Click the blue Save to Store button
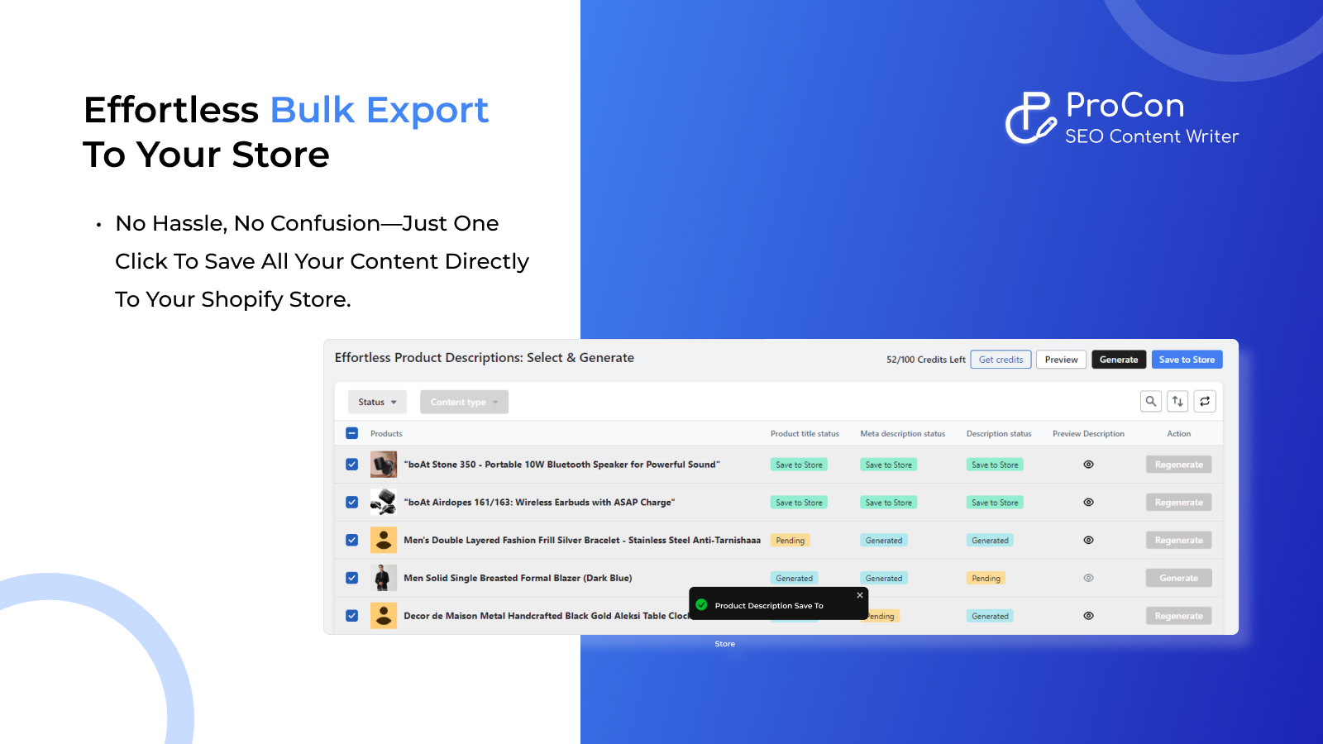[1187, 360]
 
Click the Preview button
[1061, 360]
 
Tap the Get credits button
[1001, 360]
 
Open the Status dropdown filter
[377, 402]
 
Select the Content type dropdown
[464, 402]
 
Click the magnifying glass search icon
[1150, 401]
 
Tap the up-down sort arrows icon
[1177, 401]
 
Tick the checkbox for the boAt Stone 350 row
[352, 465]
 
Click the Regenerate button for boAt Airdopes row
[1178, 503]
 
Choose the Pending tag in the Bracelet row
[790, 541]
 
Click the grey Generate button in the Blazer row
[1178, 578]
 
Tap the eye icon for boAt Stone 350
[1088, 465]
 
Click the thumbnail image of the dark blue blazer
[383, 578]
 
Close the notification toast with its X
[860, 595]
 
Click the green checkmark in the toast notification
[702, 605]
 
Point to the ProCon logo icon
[1029, 118]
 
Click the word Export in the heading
[427, 110]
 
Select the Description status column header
[999, 433]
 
